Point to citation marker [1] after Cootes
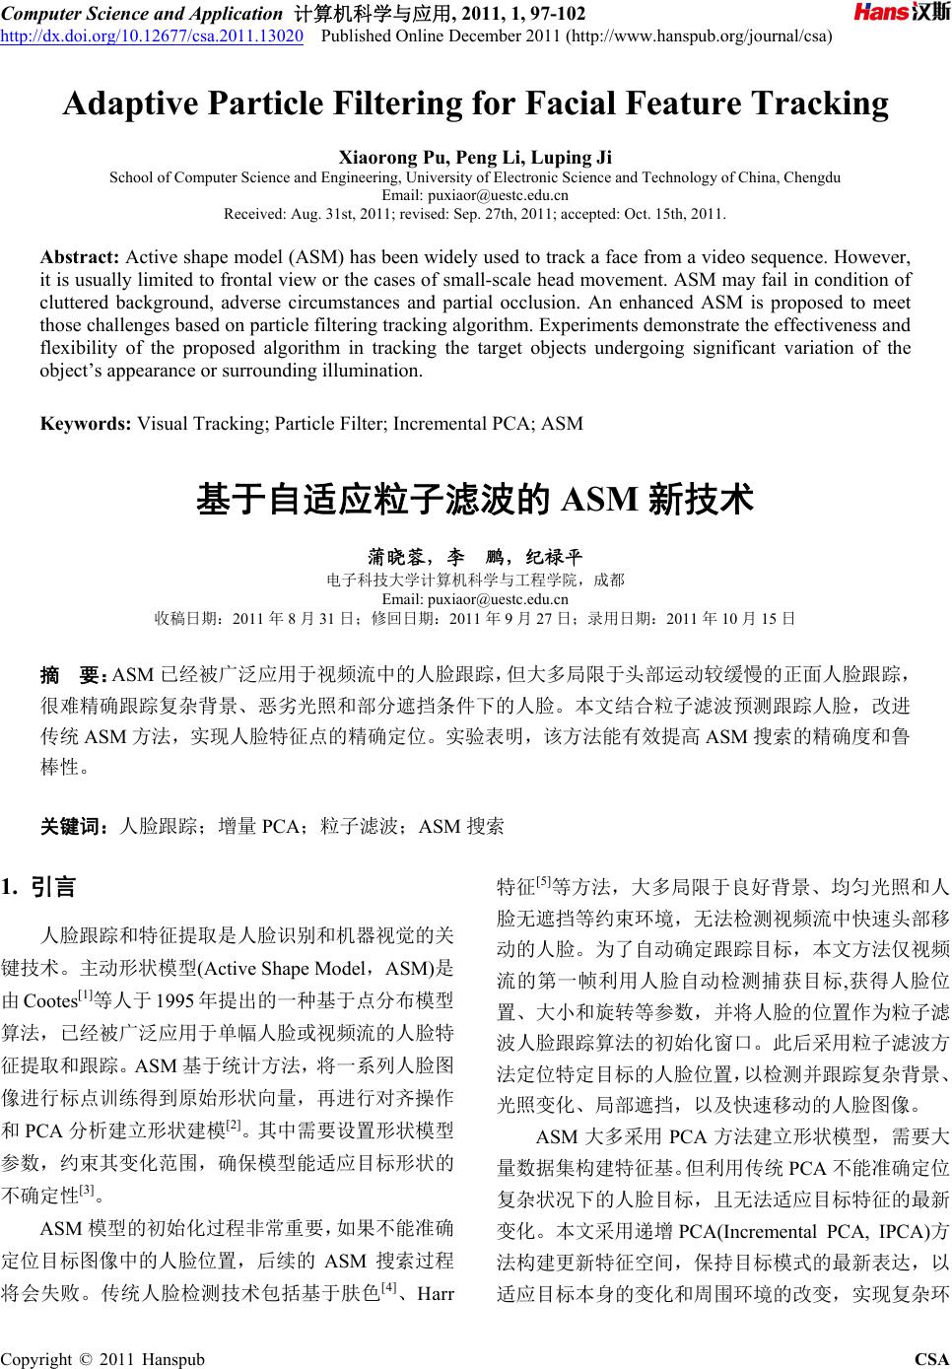tap(85, 995)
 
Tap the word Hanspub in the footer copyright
tap(174, 1359)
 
